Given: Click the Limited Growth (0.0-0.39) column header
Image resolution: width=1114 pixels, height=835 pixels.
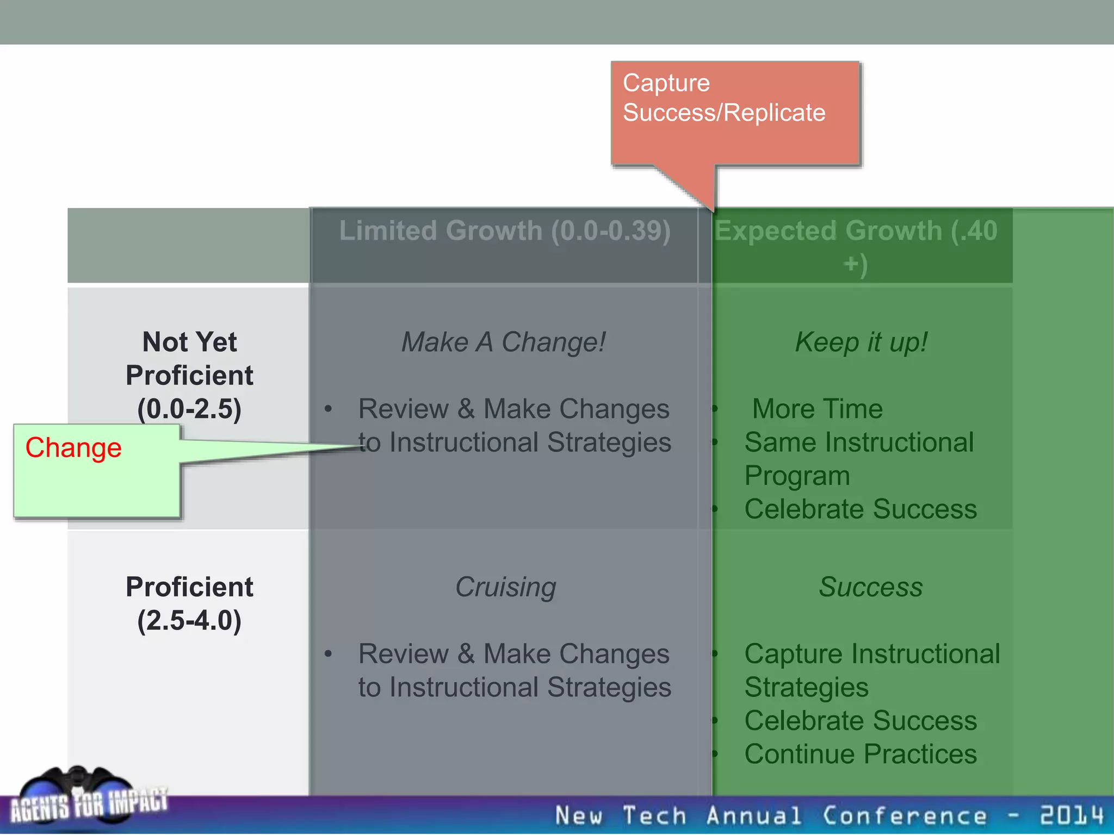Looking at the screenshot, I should (504, 231).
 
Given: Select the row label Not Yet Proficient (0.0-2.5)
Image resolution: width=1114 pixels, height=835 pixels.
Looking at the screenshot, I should (189, 375).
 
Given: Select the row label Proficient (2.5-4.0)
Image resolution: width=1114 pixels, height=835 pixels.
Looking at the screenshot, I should (189, 603).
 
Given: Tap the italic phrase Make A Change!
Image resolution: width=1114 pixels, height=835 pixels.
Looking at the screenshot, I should (503, 342).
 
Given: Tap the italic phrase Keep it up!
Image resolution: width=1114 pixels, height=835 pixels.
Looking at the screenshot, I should (861, 342).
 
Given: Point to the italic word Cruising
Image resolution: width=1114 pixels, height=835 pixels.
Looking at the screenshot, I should (505, 587).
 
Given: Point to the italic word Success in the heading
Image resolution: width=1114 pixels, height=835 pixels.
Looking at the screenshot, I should (870, 587).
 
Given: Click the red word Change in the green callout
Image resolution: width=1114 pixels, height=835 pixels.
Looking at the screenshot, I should (73, 448).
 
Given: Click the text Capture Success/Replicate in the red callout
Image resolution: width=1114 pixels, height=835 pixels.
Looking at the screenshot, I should (723, 98).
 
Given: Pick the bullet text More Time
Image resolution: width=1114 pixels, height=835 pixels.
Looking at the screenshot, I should (817, 409).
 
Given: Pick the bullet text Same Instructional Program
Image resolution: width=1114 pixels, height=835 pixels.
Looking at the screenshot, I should (858, 459).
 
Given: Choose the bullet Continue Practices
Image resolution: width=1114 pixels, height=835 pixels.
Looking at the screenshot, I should (861, 754).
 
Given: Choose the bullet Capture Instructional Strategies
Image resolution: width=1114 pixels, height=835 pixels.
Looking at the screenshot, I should (871, 670).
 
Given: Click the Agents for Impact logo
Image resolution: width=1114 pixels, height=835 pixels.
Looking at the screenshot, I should (87, 796).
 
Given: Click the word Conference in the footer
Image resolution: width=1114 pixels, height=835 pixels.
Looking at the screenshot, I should (904, 815).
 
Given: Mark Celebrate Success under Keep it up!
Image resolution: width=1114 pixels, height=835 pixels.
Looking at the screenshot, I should (861, 509).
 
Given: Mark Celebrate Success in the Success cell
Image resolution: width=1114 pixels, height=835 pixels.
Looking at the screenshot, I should (861, 721).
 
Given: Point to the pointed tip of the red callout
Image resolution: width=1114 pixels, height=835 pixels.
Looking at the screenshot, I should (713, 210).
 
